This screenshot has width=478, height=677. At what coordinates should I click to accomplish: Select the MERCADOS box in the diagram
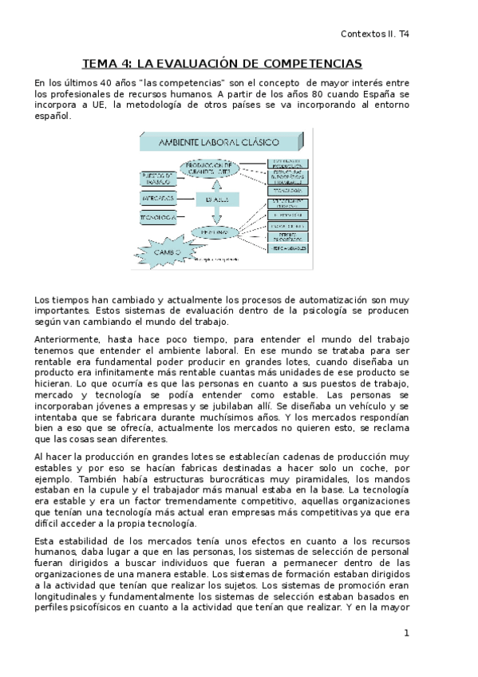click(x=157, y=196)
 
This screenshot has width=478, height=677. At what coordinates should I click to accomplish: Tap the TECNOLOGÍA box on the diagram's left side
click(x=157, y=217)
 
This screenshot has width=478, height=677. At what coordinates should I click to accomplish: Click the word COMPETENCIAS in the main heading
click(x=314, y=64)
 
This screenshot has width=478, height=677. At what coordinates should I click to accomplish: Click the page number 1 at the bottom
click(x=407, y=633)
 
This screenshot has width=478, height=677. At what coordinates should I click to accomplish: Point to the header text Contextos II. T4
click(x=374, y=34)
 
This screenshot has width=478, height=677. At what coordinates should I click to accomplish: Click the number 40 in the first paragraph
click(x=117, y=82)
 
